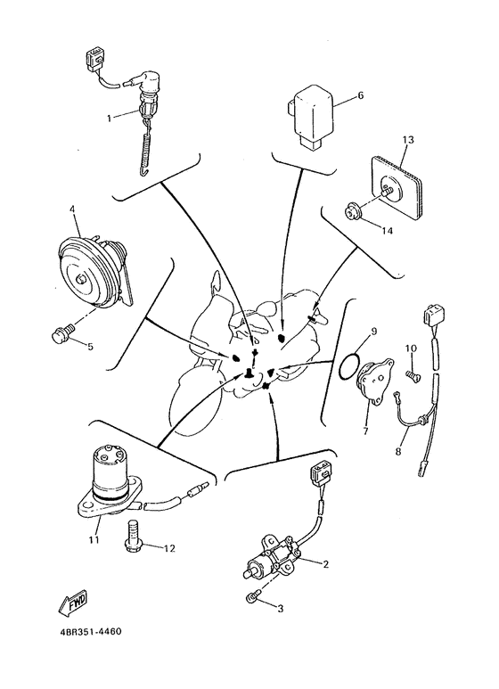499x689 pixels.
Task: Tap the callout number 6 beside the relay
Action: click(x=361, y=95)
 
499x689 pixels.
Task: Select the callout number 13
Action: click(x=407, y=140)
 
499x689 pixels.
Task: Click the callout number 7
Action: click(x=365, y=431)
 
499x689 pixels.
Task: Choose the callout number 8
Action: click(x=398, y=451)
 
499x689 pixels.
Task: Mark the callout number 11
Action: click(x=94, y=539)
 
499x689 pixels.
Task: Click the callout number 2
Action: click(x=325, y=564)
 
